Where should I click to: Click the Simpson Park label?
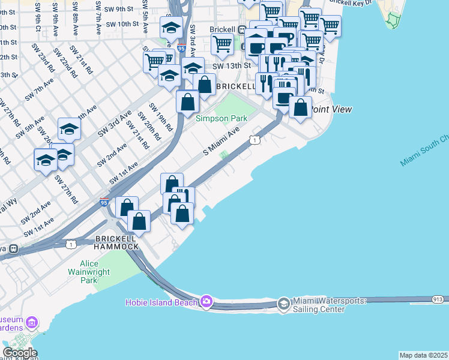tap(221, 118)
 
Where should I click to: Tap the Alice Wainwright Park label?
tap(97, 272)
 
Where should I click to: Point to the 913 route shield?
tap(438, 298)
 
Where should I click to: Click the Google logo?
tap(20, 352)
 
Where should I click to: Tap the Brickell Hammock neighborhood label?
tap(116, 242)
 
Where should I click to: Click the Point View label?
tap(331, 109)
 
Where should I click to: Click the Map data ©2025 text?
tap(424, 355)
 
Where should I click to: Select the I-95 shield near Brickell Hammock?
tap(104, 203)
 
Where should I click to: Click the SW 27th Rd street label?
tap(67, 188)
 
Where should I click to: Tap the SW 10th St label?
tap(124, 24)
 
